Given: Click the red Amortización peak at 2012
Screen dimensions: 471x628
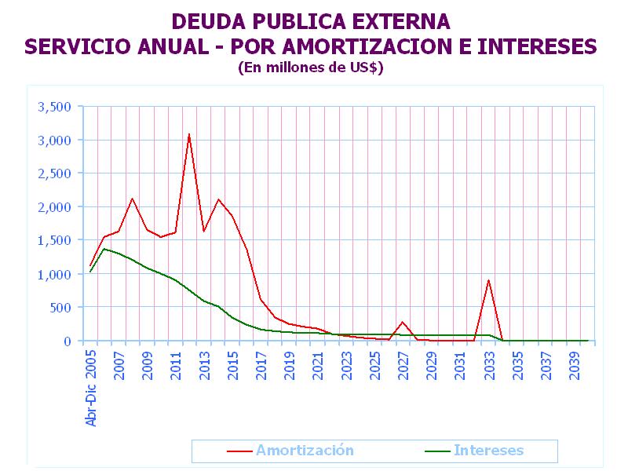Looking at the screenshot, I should tap(189, 134).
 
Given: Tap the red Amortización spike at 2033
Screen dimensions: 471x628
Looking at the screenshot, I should tap(488, 280).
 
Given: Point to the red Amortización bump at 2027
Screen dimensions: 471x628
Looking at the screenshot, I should tap(403, 322).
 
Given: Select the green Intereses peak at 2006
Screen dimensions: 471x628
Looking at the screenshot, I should tap(104, 249).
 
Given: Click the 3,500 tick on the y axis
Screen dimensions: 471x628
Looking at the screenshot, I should tap(55, 107).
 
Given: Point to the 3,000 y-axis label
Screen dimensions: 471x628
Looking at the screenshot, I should tap(55, 140).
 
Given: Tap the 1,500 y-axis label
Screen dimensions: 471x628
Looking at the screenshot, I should tap(55, 240).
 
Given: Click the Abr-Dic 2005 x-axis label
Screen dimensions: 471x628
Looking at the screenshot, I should tap(91, 389).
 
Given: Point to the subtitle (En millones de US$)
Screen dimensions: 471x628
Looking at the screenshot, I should tap(310, 68).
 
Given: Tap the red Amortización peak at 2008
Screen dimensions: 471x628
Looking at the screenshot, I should tap(133, 199).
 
